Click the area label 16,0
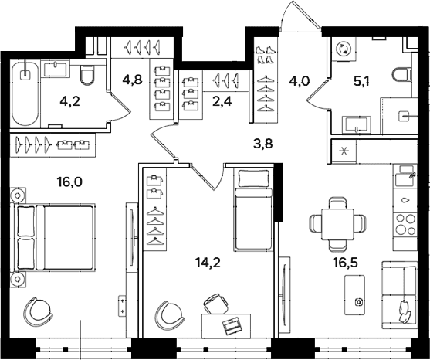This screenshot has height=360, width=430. coord(69,182)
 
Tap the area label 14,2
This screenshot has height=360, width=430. coord(208,263)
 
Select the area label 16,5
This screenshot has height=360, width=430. coord(346,263)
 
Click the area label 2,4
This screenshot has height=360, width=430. coord(223,101)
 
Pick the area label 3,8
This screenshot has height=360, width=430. coord(263,144)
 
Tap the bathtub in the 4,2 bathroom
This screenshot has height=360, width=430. coord(25,94)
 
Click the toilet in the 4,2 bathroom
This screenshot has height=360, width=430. coord(87,75)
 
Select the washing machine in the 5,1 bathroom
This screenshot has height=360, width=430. coord(344,49)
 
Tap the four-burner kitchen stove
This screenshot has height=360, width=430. coord(405,225)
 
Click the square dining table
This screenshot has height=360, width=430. coord(337,224)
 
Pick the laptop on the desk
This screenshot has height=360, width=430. coord(232,326)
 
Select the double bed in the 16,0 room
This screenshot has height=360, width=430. coord(53,238)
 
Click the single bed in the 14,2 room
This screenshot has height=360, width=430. coord(254,210)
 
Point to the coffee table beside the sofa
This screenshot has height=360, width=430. coord(354,295)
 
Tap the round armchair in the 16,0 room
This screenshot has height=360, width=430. coord(38,311)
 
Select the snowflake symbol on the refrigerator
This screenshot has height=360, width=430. coord(343,151)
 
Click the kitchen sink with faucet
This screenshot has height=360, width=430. coord(405,176)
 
